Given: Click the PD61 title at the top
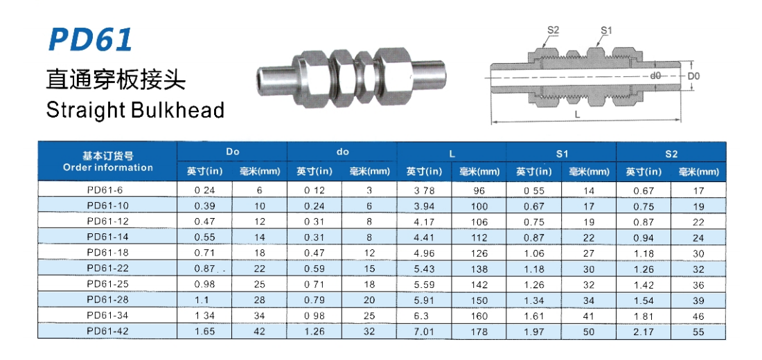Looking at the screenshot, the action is [x=90, y=40].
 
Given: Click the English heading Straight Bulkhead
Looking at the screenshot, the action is [x=135, y=110].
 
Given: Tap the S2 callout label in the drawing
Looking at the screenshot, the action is [x=553, y=30].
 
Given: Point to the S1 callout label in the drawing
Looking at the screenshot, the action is [x=605, y=30].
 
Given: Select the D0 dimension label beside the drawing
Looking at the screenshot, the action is [x=693, y=76].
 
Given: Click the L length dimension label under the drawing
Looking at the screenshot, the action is [x=577, y=115].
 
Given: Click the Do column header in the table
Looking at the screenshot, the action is [x=232, y=152].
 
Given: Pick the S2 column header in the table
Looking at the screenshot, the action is [x=671, y=154].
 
